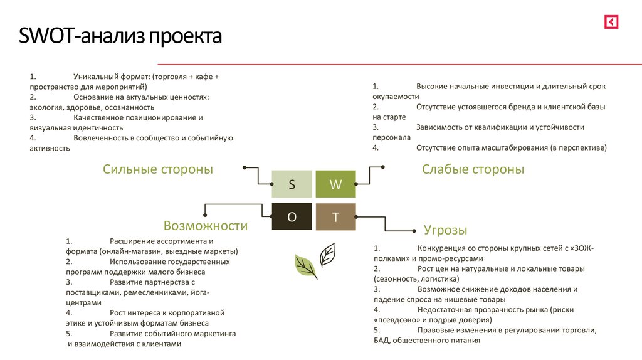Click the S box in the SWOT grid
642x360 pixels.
292,184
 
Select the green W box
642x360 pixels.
335,184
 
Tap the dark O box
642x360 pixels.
292,217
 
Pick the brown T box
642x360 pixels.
335,217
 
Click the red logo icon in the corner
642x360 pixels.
611,23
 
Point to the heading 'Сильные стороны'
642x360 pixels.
158,169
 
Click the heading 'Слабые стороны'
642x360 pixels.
473,169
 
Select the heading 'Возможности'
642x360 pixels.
206,226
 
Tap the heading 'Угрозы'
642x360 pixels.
445,230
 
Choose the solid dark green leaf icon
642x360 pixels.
306,267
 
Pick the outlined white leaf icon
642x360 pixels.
327,254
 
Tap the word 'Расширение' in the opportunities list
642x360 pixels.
129,241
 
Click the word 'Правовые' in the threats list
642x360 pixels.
434,330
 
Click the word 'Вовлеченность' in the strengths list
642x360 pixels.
99,138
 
